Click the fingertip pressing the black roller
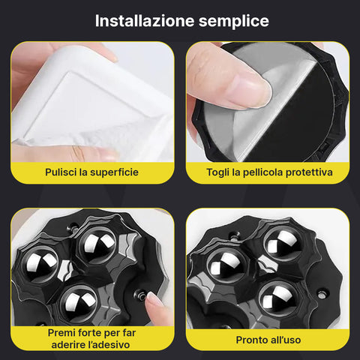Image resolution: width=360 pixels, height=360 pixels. coord(156,301)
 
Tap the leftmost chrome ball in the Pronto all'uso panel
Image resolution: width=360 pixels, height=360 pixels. coord(223,263)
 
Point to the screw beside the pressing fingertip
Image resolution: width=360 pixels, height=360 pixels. coord(139,295)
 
